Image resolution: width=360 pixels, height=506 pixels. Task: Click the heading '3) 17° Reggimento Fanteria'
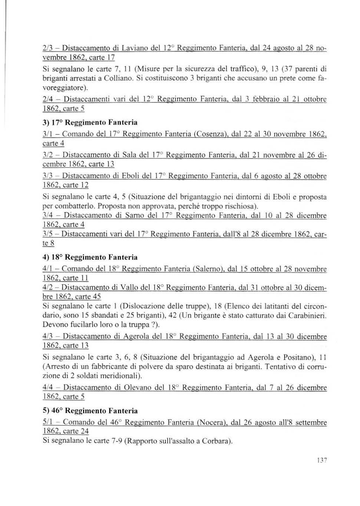90,122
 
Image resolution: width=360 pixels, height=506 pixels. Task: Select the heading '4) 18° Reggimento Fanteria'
90,257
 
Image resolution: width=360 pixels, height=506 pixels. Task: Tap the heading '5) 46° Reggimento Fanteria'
90,411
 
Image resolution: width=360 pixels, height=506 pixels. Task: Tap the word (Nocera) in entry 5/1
212,422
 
